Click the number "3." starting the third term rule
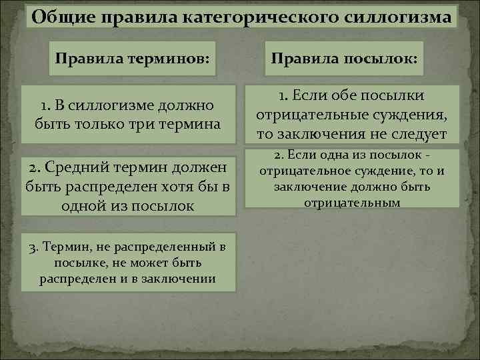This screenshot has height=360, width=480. click(35, 247)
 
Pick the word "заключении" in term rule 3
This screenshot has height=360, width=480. click(181, 278)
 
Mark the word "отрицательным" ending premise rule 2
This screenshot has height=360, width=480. click(353, 202)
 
